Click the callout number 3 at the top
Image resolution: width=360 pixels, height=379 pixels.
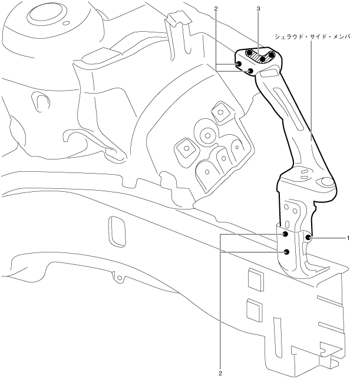pos(259,9)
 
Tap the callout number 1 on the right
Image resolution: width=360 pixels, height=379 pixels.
pos(348,238)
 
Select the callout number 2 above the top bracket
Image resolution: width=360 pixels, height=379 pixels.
pos(217,9)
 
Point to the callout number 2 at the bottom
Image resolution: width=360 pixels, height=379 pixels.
pos(219,373)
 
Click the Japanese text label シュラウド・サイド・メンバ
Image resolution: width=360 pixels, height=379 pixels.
pos(312,36)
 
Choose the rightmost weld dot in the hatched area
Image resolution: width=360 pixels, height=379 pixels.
pos(272,56)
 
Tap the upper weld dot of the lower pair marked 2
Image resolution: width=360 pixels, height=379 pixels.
pos(285,234)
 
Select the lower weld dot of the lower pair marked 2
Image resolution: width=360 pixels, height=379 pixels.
pos(286,251)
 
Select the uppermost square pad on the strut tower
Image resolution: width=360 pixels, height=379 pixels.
pos(220,110)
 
